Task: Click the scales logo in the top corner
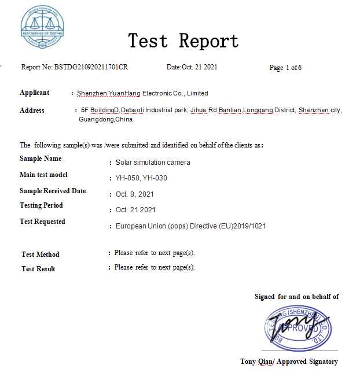tap(42, 27)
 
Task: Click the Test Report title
tap(183, 41)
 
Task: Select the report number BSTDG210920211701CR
tap(91, 68)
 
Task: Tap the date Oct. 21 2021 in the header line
tap(200, 68)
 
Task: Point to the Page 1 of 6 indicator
tap(285, 68)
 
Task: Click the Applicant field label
tap(34, 93)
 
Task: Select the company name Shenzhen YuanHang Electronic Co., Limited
tap(142, 93)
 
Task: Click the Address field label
tap(32, 110)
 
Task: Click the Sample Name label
tap(41, 158)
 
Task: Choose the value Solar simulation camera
tap(153, 163)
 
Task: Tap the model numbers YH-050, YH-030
tap(141, 178)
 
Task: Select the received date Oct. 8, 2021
tap(134, 194)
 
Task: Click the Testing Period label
tap(41, 205)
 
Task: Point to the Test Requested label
tap(42, 222)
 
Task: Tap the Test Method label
tap(41, 254)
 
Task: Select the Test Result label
tap(39, 269)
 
